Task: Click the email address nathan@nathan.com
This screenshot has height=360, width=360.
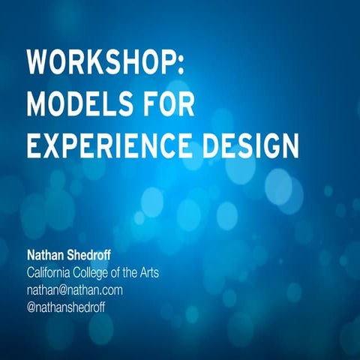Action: click(x=74, y=289)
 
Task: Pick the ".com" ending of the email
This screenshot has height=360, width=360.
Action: click(x=110, y=289)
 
